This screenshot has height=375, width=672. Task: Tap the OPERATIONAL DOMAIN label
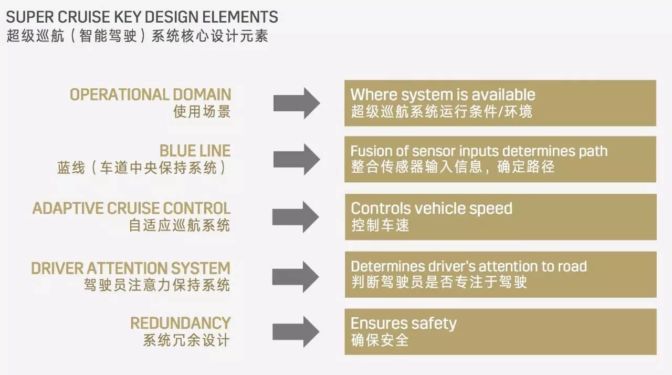150,95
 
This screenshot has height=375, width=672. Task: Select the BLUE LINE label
195,151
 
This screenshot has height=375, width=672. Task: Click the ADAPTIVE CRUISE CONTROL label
131,208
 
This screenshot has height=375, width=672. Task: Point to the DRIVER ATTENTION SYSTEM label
131,268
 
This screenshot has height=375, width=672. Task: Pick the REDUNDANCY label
180,322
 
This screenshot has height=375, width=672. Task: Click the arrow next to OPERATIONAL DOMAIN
296,103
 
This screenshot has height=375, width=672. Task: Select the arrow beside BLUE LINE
296,159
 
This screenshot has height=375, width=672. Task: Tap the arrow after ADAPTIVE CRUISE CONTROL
296,216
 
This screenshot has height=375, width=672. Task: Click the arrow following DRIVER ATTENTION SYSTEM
296,274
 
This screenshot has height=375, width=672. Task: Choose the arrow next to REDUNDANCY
296,331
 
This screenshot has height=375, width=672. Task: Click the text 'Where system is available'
443,95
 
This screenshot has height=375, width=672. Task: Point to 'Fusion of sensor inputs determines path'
479,151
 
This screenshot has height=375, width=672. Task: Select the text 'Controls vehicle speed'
431,208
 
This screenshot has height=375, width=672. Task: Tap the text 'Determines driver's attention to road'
468,266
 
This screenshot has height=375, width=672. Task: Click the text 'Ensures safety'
403,323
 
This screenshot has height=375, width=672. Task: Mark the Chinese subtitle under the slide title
138,36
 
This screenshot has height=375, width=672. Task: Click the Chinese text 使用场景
202,111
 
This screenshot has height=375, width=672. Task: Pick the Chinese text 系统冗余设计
186,340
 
